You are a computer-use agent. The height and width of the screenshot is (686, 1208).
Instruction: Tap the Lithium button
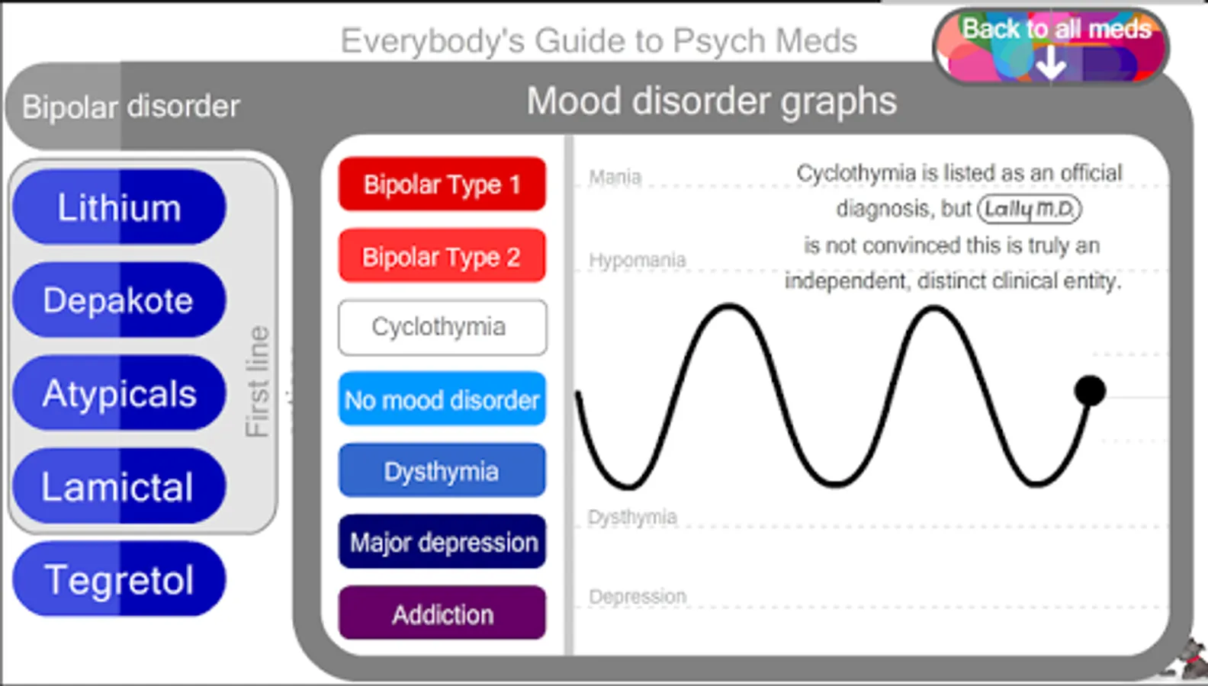(119, 207)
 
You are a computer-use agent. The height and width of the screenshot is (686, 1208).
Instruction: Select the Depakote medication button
(119, 300)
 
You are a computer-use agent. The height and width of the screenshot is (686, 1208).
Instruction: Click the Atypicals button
(119, 393)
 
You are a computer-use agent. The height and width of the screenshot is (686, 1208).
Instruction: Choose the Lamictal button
(119, 486)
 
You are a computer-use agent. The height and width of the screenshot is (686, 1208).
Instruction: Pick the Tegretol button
(119, 579)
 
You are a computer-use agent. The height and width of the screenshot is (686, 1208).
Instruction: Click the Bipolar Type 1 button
(442, 184)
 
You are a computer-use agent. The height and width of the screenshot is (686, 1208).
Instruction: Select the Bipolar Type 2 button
(442, 256)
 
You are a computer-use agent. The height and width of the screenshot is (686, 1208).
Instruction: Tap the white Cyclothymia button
(442, 327)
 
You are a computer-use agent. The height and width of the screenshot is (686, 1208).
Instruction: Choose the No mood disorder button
(442, 399)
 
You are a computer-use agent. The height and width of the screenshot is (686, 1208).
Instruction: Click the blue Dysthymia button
(442, 471)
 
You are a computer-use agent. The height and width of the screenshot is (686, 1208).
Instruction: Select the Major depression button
(442, 542)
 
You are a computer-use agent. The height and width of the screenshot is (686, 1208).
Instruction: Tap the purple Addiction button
(442, 614)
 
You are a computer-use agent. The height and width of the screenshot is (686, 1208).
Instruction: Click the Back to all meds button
(1052, 46)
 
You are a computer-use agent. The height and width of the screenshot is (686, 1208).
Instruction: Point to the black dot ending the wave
(1090, 390)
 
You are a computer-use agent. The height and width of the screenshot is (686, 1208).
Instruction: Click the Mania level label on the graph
(615, 178)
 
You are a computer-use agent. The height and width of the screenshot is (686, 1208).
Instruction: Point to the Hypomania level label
(637, 260)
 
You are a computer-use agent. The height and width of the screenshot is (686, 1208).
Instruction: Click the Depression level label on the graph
(638, 596)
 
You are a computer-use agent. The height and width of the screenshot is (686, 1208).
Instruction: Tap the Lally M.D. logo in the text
(1030, 209)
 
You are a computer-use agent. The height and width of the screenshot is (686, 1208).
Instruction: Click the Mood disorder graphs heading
(712, 101)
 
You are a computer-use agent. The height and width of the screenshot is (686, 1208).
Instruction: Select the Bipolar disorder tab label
(130, 107)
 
